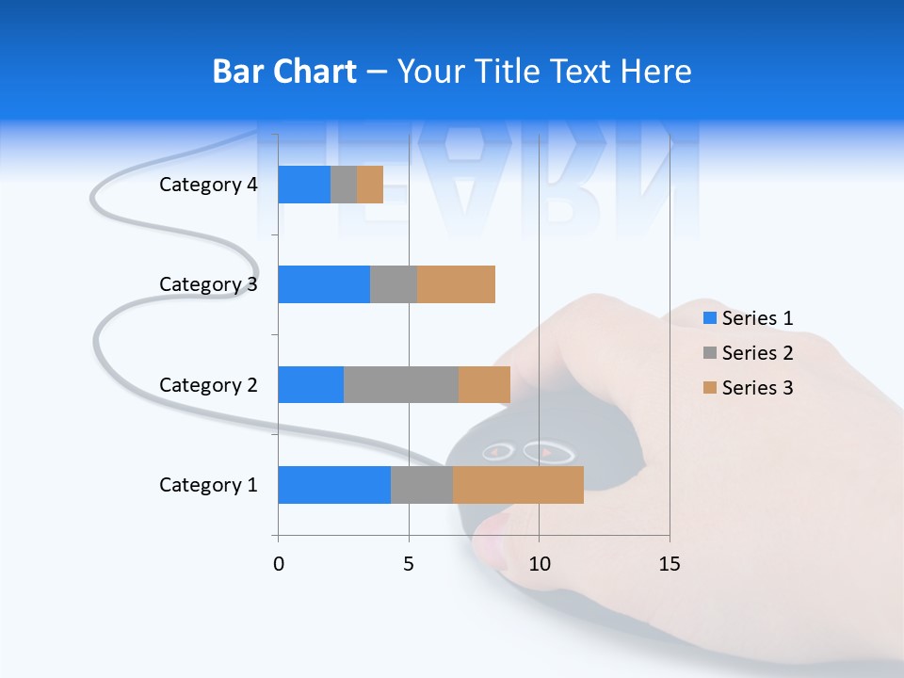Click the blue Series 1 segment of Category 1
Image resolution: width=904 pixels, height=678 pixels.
334,485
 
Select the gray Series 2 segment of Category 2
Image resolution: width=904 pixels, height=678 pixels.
401,384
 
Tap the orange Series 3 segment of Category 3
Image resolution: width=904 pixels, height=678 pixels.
456,284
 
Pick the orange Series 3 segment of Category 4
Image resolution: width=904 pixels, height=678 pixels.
370,185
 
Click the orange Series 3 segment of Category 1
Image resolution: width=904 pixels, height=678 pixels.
518,485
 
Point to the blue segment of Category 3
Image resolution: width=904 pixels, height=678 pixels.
324,284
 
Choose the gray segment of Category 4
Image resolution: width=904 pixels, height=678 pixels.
344,185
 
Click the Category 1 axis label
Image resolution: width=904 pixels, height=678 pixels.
208,485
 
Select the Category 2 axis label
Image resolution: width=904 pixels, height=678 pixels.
208,384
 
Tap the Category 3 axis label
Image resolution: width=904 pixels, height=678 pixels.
208,284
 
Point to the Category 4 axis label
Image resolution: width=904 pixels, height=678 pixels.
208,185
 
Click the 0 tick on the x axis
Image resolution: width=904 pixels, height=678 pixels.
279,564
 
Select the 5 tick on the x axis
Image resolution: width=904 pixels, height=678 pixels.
409,564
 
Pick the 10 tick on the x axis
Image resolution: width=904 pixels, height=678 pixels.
539,564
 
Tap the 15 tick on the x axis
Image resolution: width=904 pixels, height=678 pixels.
670,564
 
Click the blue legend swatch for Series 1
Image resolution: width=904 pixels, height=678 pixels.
710,318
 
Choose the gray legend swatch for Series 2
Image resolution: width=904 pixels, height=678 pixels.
710,353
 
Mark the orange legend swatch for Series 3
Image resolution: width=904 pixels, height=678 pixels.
710,388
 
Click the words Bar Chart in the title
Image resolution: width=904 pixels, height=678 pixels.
284,72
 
